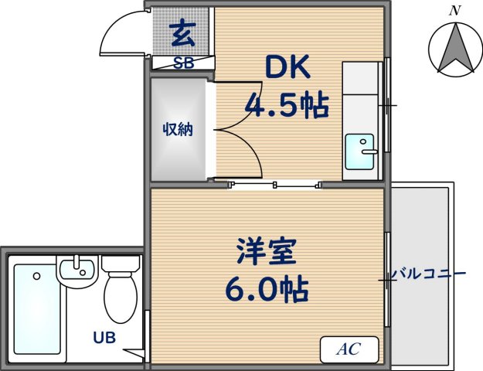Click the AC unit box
pyautogui.click(x=349, y=349)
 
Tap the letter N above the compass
pyautogui.click(x=456, y=10)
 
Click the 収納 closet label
pyautogui.click(x=177, y=129)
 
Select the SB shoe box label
pyautogui.click(x=183, y=64)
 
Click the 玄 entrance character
pyautogui.click(x=182, y=34)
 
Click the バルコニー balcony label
pyautogui.click(x=427, y=274)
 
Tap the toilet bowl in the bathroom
pyautogui.click(x=119, y=299)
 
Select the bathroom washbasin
pyautogui.click(x=77, y=270)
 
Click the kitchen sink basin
pyautogui.click(x=359, y=151)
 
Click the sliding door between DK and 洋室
pyautogui.click(x=274, y=185)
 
